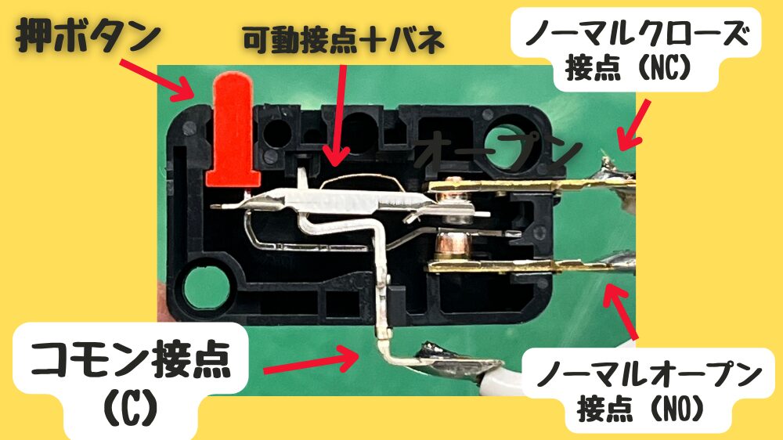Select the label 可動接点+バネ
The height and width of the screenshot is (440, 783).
[344, 41]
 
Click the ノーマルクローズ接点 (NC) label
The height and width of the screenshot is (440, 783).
[636, 50]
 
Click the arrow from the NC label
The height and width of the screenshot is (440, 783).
[633, 124]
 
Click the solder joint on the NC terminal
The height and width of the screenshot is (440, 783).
[613, 180]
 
